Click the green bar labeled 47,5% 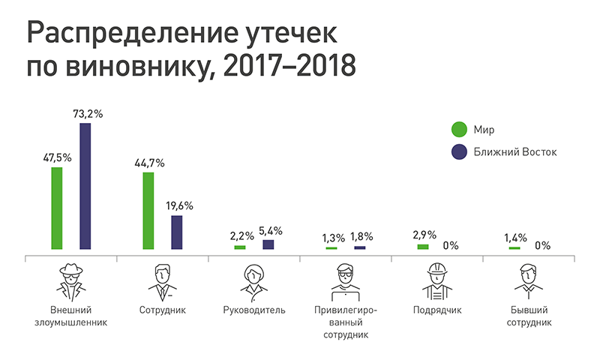point(56,208)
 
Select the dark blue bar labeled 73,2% point(85,186)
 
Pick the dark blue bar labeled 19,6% point(177,232)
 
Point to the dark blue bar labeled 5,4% point(268,244)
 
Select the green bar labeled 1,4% point(514,247)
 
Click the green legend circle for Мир point(456,129)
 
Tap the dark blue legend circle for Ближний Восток point(456,152)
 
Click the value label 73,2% point(87,114)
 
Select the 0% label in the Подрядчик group point(451,244)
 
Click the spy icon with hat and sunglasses point(71,280)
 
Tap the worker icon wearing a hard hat point(437,280)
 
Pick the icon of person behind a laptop point(346,280)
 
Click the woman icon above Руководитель point(254,280)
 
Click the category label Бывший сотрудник point(529,316)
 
